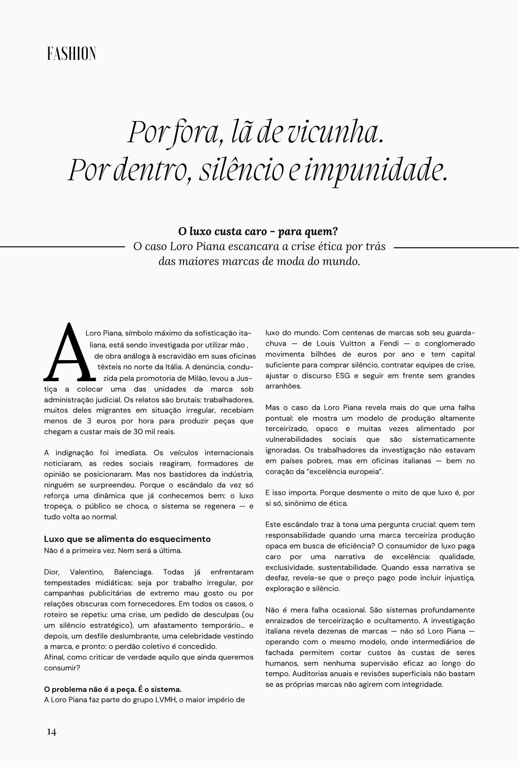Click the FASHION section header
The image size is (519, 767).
click(x=71, y=54)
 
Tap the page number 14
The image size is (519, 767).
click(x=51, y=732)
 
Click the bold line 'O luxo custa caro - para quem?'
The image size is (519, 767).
click(x=258, y=232)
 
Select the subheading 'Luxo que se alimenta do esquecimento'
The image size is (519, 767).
click(x=127, y=539)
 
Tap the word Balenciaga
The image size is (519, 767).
click(x=133, y=572)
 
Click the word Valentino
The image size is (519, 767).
click(x=87, y=572)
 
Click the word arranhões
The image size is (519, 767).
click(x=283, y=386)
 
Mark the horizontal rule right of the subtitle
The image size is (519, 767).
click(x=456, y=248)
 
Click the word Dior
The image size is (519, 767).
click(x=51, y=572)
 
